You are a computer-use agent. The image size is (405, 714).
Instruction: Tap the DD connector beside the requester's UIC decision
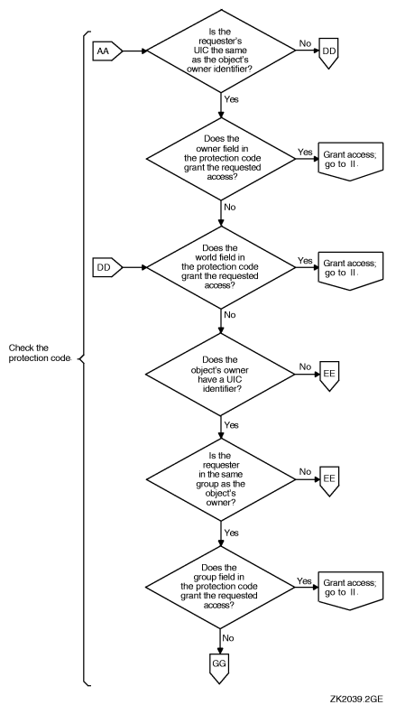[x=331, y=53]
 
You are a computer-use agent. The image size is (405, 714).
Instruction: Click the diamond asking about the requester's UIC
[x=222, y=52]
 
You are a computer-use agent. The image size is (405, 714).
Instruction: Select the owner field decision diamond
[x=222, y=160]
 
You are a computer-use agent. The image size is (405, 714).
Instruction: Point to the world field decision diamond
[x=222, y=266]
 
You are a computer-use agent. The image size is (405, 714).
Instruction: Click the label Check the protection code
[x=39, y=353]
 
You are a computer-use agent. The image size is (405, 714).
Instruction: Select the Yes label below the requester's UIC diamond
[x=232, y=98]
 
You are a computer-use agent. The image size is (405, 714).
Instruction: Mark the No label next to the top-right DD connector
[x=304, y=42]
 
